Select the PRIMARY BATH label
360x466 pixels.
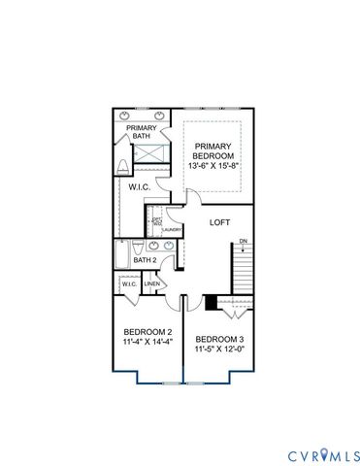(143, 133)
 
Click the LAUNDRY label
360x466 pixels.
(172, 230)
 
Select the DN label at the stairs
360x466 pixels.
(244, 241)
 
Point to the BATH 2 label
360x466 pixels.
(146, 260)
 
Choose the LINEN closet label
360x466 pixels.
(151, 284)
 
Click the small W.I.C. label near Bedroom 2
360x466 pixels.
(128, 284)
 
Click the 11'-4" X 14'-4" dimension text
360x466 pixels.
(147, 343)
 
